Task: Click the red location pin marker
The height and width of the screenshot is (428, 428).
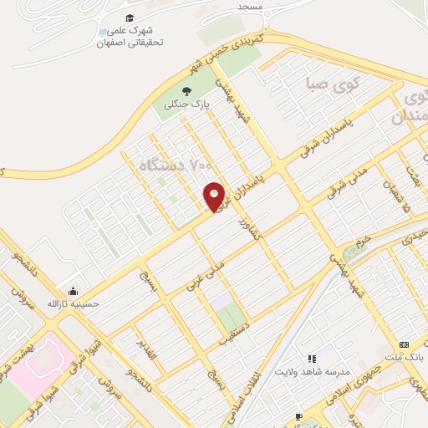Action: point(215,196)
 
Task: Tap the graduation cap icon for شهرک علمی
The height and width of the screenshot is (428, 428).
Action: point(130,18)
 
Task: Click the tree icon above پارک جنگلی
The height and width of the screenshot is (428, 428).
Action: point(185,93)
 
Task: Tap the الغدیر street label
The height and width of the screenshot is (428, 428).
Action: point(148,352)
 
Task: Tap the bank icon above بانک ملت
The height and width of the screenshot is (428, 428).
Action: point(405,345)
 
